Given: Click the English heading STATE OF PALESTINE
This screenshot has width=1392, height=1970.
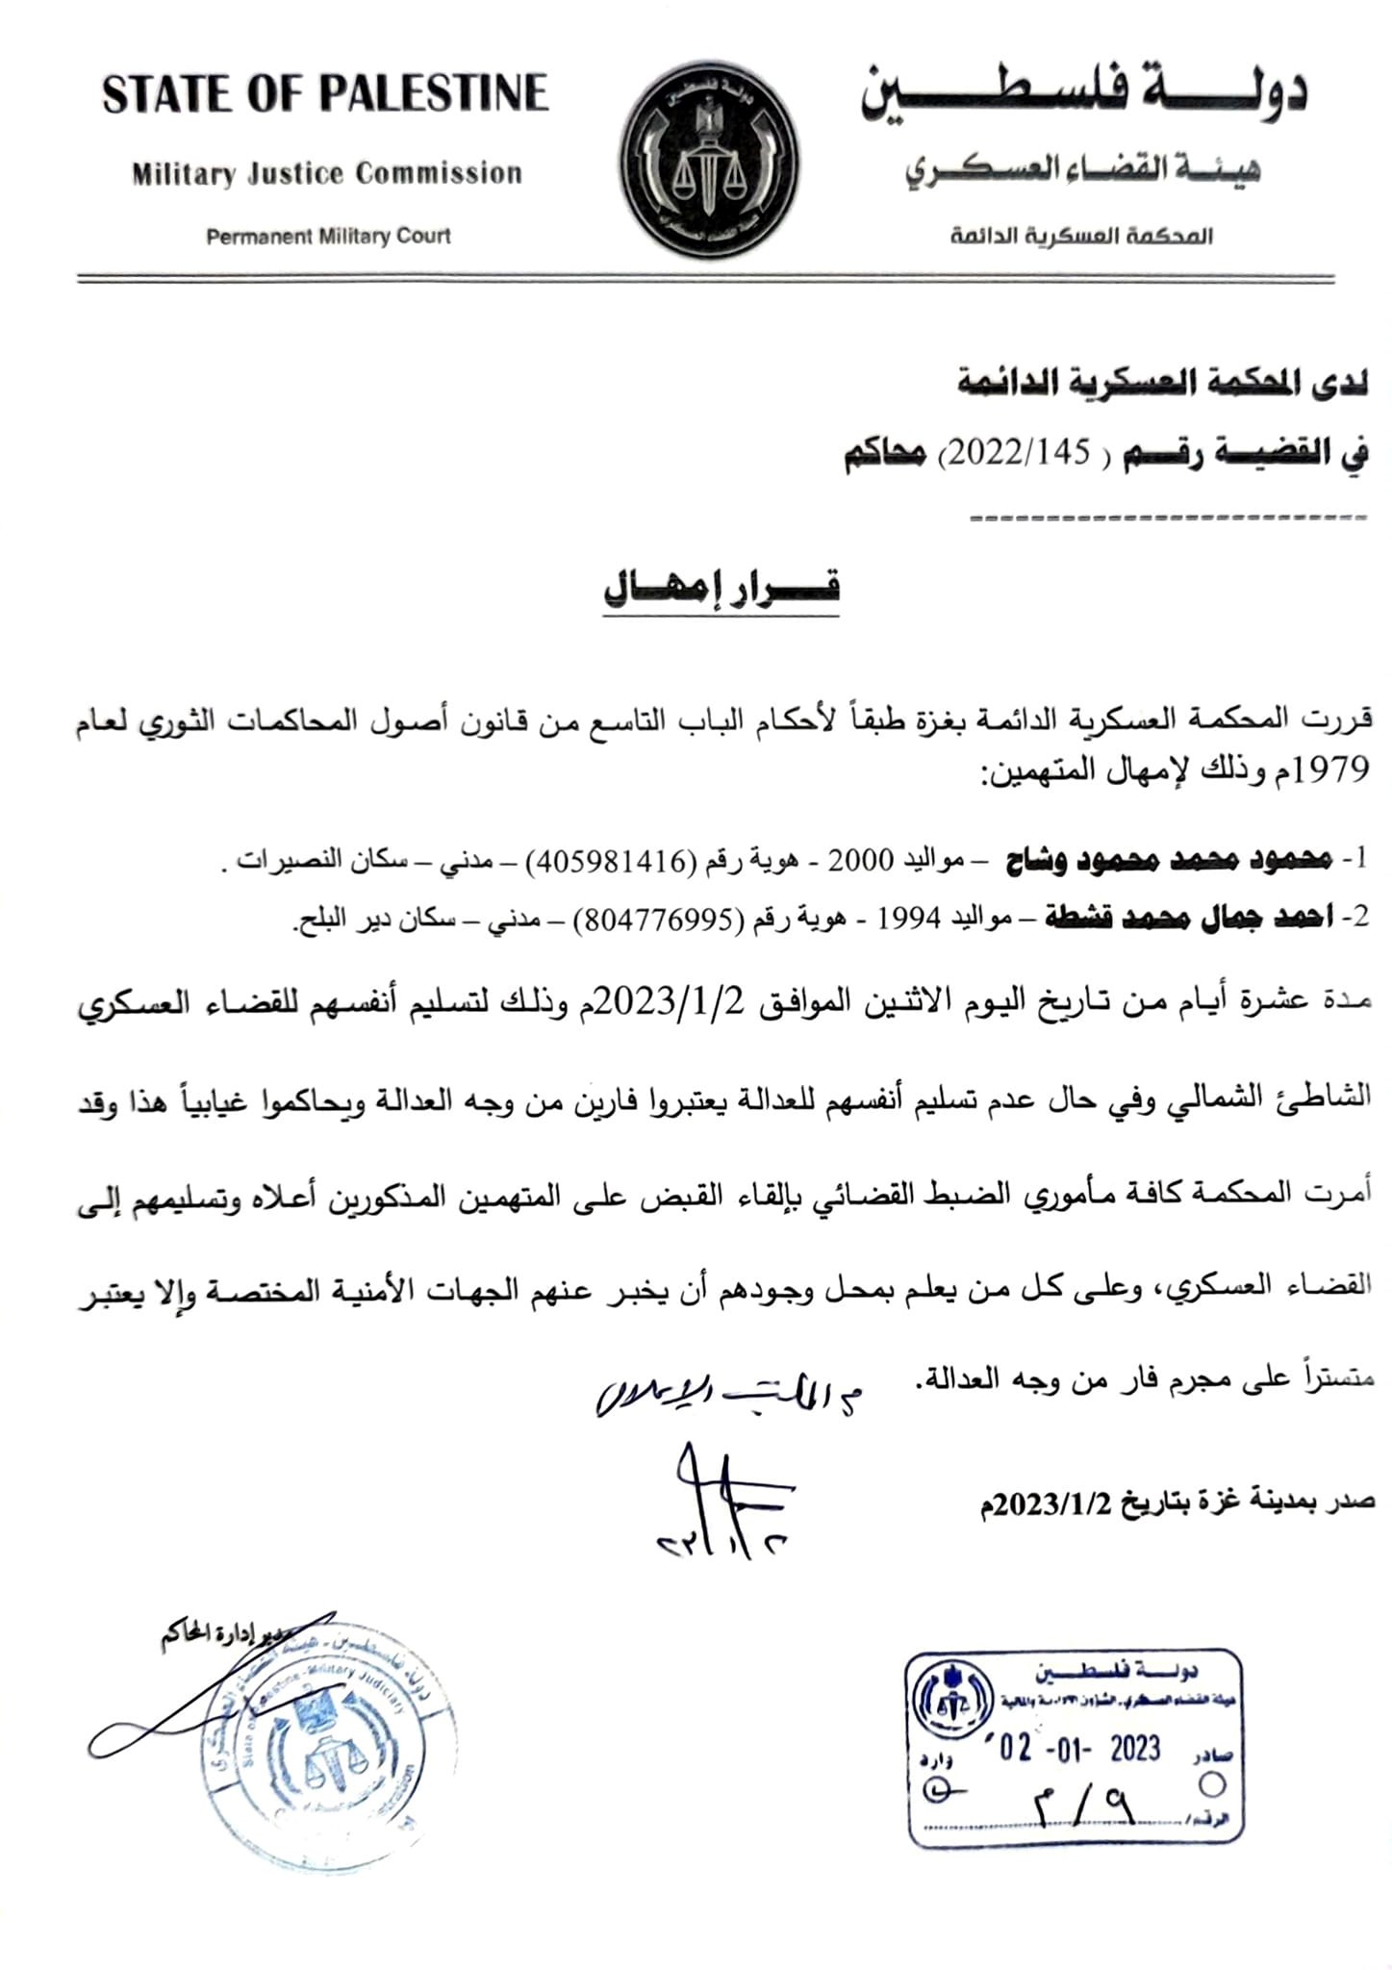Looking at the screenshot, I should coord(325,94).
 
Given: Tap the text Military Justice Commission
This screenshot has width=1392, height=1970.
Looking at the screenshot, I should coord(327,174).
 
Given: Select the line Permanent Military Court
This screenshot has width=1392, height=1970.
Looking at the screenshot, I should coord(328,236).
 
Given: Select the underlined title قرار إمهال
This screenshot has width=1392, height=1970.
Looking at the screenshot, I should coord(721,587).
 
